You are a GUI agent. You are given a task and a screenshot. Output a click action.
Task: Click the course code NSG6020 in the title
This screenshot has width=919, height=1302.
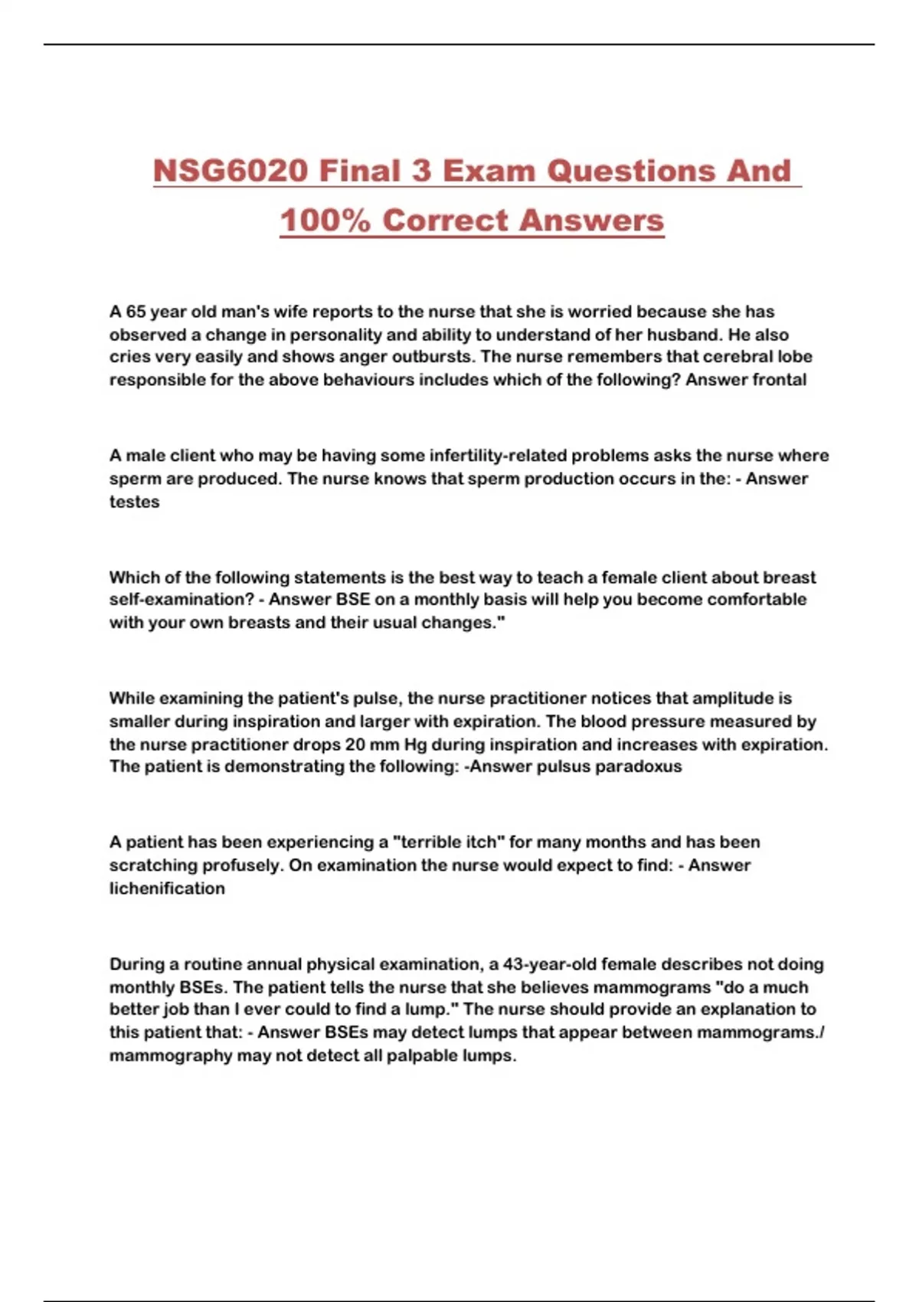[x=231, y=171]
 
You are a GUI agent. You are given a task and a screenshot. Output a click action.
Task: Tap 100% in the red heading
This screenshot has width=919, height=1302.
[x=325, y=221]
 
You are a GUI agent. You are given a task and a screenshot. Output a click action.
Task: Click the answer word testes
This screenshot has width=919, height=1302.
[x=134, y=502]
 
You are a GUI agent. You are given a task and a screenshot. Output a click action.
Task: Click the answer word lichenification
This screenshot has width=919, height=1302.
[x=167, y=888]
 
